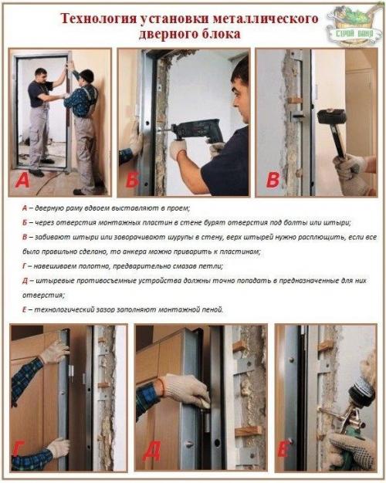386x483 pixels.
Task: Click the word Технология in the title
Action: (x=98, y=19)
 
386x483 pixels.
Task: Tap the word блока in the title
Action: (x=220, y=33)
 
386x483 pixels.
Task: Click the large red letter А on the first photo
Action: (x=22, y=180)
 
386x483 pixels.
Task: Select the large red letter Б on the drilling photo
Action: (x=133, y=180)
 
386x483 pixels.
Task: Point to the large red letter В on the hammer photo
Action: (x=273, y=180)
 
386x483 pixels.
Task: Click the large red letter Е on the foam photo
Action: (x=283, y=451)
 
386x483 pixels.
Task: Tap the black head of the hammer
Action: (x=332, y=117)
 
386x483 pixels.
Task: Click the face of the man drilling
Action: (x=241, y=99)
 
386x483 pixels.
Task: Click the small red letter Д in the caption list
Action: (x=25, y=281)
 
